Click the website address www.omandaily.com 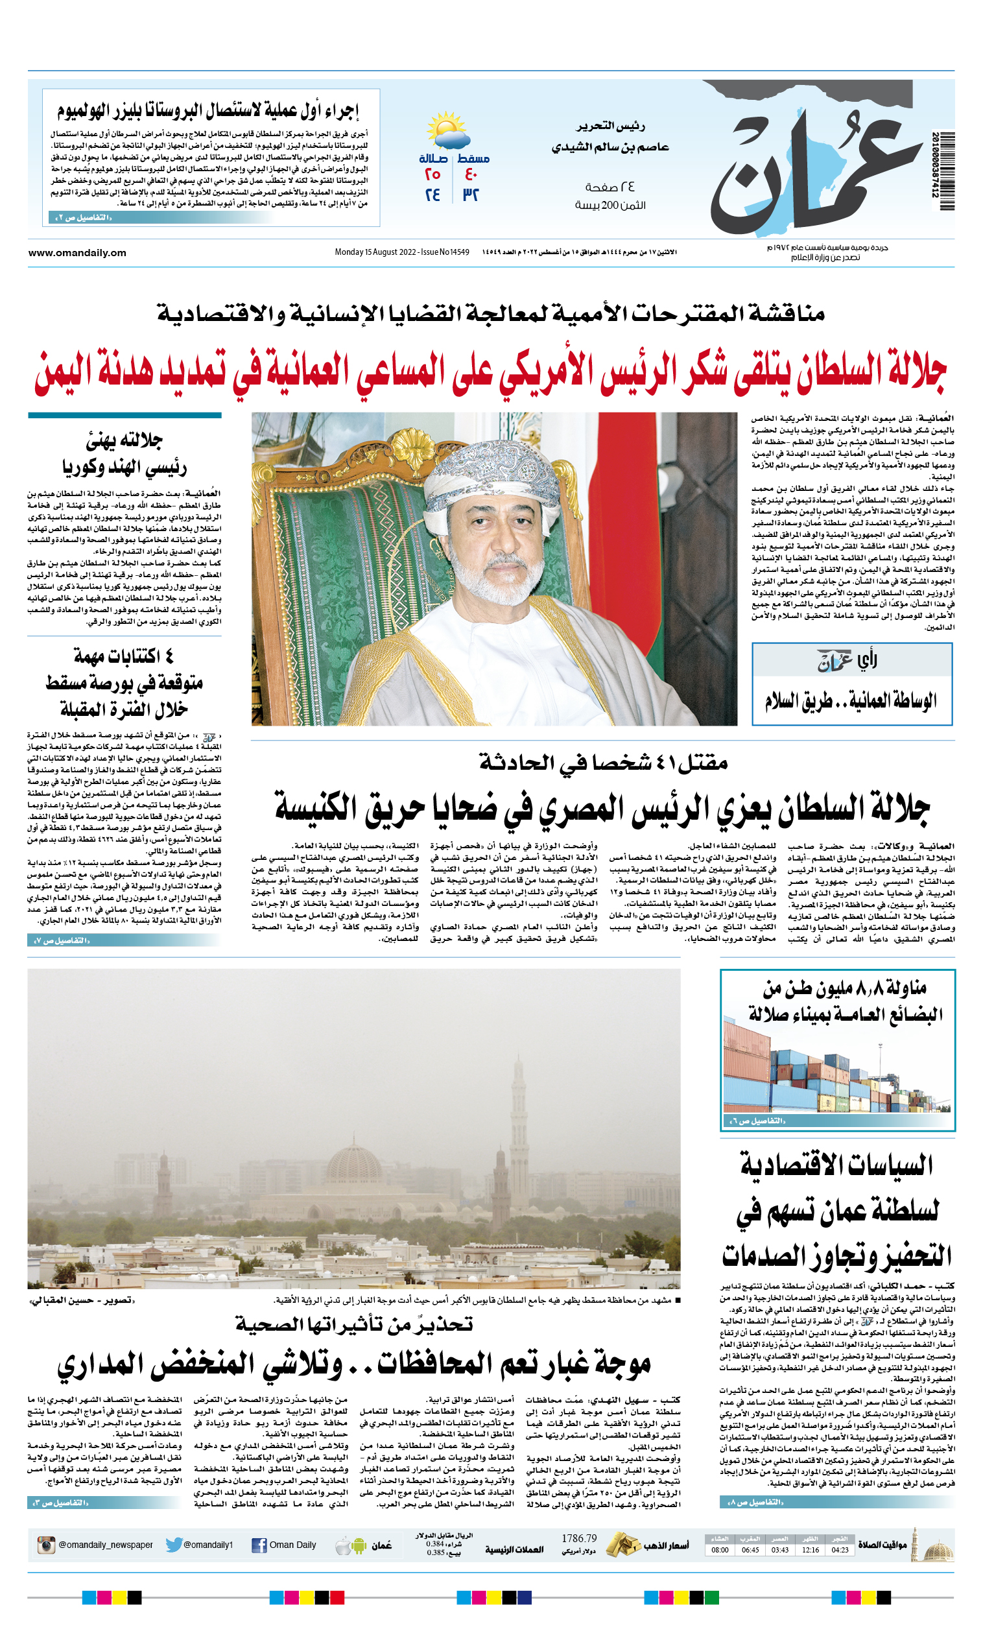[77, 252]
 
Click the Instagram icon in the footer [45, 1545]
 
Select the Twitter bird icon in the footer [174, 1545]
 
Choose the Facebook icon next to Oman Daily [259, 1546]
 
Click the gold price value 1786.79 [578, 1538]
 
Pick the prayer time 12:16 [810, 1550]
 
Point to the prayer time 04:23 [840, 1550]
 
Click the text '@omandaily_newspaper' [105, 1545]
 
